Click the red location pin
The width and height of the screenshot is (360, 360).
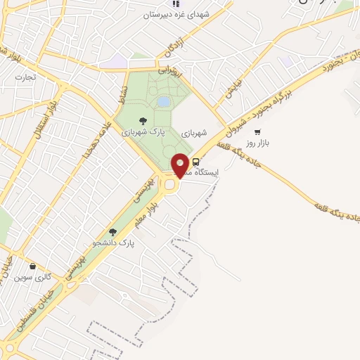tap(180, 165)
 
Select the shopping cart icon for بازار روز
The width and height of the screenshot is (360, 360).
tap(257, 132)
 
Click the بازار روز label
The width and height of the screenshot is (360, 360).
tap(266, 143)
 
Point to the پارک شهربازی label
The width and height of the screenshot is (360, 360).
tap(143, 131)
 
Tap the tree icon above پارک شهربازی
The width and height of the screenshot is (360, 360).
tap(143, 120)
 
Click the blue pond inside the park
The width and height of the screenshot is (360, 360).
tap(163, 103)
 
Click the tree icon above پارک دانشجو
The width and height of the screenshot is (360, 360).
tap(112, 232)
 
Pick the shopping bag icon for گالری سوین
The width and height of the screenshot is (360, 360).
tap(33, 266)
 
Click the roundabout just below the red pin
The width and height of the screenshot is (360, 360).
tap(171, 184)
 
